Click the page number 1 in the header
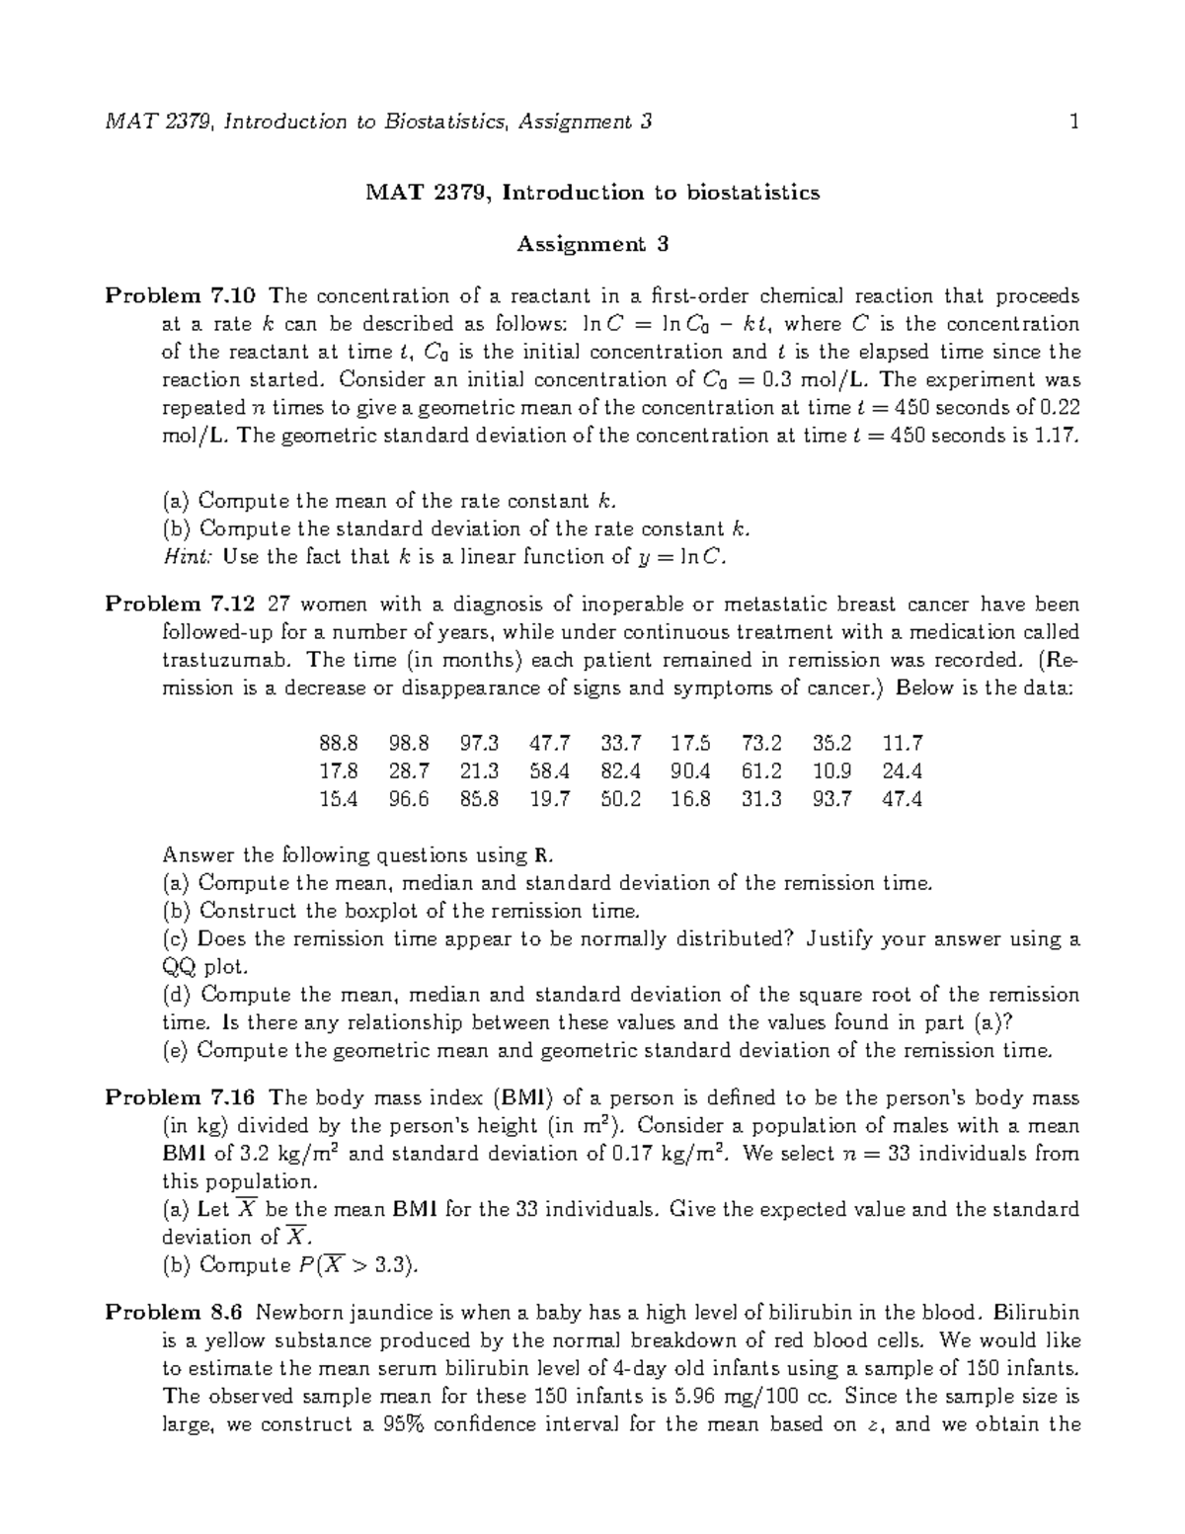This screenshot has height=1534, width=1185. (x=1072, y=122)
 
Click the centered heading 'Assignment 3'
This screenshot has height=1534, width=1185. (x=592, y=244)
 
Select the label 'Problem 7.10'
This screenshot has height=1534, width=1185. (x=181, y=296)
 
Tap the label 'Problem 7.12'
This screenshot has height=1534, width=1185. (x=181, y=605)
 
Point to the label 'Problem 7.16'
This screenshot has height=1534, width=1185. (x=181, y=1098)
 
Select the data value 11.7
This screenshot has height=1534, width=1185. (x=902, y=743)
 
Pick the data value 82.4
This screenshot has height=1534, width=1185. (x=620, y=770)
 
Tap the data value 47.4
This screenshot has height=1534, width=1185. (x=902, y=799)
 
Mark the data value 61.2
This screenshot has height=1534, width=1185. (x=761, y=770)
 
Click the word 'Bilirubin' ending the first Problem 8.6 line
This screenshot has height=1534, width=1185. (x=1037, y=1313)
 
